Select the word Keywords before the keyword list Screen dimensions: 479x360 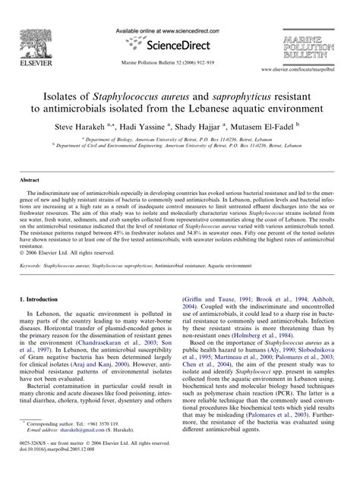click(34, 267)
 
